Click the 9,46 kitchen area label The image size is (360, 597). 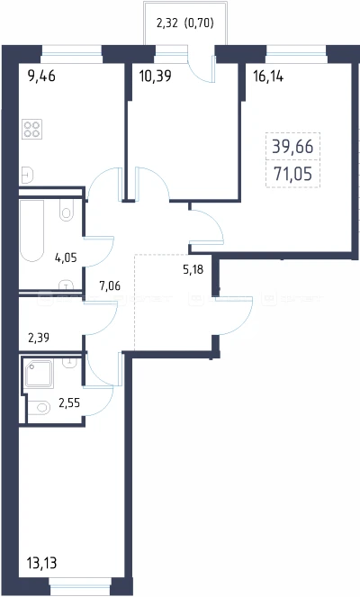(42, 77)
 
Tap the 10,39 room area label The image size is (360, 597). (156, 77)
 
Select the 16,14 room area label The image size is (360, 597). (268, 77)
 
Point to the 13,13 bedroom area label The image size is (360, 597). (42, 563)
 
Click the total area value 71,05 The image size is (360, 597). (293, 174)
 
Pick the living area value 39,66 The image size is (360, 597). (292, 147)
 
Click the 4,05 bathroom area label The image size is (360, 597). (66, 258)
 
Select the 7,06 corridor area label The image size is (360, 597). (110, 285)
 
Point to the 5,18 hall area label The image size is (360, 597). (193, 269)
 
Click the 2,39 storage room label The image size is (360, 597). (39, 338)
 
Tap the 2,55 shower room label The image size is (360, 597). (69, 403)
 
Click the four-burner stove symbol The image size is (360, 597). (31, 129)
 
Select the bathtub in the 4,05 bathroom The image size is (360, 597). (32, 231)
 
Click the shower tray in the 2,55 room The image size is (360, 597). (39, 374)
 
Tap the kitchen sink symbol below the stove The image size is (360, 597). (28, 176)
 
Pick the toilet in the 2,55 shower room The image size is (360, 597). (39, 407)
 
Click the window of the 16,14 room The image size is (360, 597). (296, 54)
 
